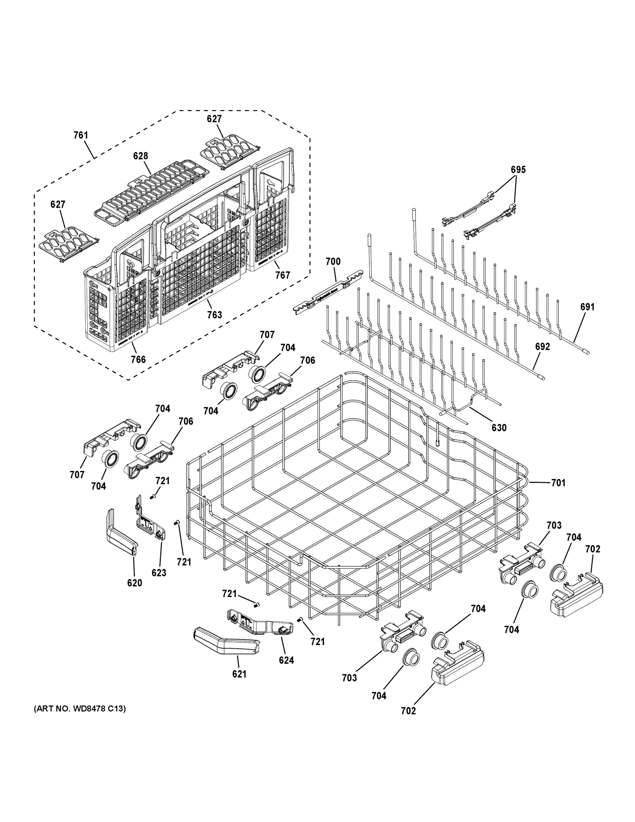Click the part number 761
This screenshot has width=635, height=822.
point(80,135)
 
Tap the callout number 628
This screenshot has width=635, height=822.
point(140,156)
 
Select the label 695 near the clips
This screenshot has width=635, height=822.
point(518,170)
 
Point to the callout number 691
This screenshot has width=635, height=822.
point(587,307)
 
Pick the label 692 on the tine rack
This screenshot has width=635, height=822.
point(543,347)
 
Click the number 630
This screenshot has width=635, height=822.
point(499,428)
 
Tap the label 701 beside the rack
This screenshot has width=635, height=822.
point(558,483)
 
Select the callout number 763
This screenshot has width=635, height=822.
point(214,315)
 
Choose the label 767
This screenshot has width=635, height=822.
point(282,275)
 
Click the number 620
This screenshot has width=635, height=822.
point(134,583)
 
